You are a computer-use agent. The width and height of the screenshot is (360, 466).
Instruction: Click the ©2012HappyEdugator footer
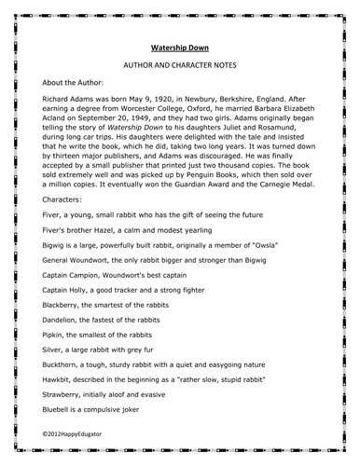[85, 434]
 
